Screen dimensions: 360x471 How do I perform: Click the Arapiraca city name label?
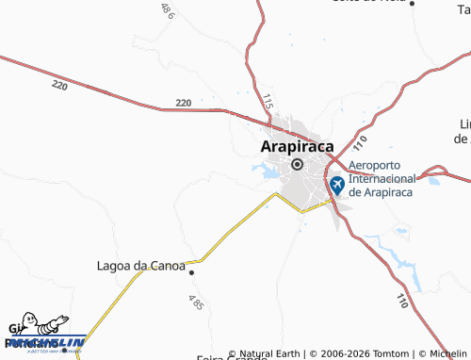point(295,146)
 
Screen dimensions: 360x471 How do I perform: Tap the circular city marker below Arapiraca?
point(297,165)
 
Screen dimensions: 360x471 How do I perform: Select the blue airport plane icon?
point(336,182)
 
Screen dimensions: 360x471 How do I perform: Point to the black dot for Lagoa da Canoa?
point(191,272)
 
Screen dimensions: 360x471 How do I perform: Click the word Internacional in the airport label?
point(382,178)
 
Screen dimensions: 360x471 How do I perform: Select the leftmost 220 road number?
point(60,86)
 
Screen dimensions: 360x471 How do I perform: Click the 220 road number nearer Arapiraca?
point(183,102)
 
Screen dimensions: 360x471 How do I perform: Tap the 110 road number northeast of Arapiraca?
point(361,143)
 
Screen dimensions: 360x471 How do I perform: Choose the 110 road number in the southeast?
point(402,302)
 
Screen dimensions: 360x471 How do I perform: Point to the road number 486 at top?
point(168,10)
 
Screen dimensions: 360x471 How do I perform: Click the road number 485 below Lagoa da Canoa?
point(195,303)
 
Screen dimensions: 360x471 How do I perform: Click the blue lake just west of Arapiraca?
point(262,171)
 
